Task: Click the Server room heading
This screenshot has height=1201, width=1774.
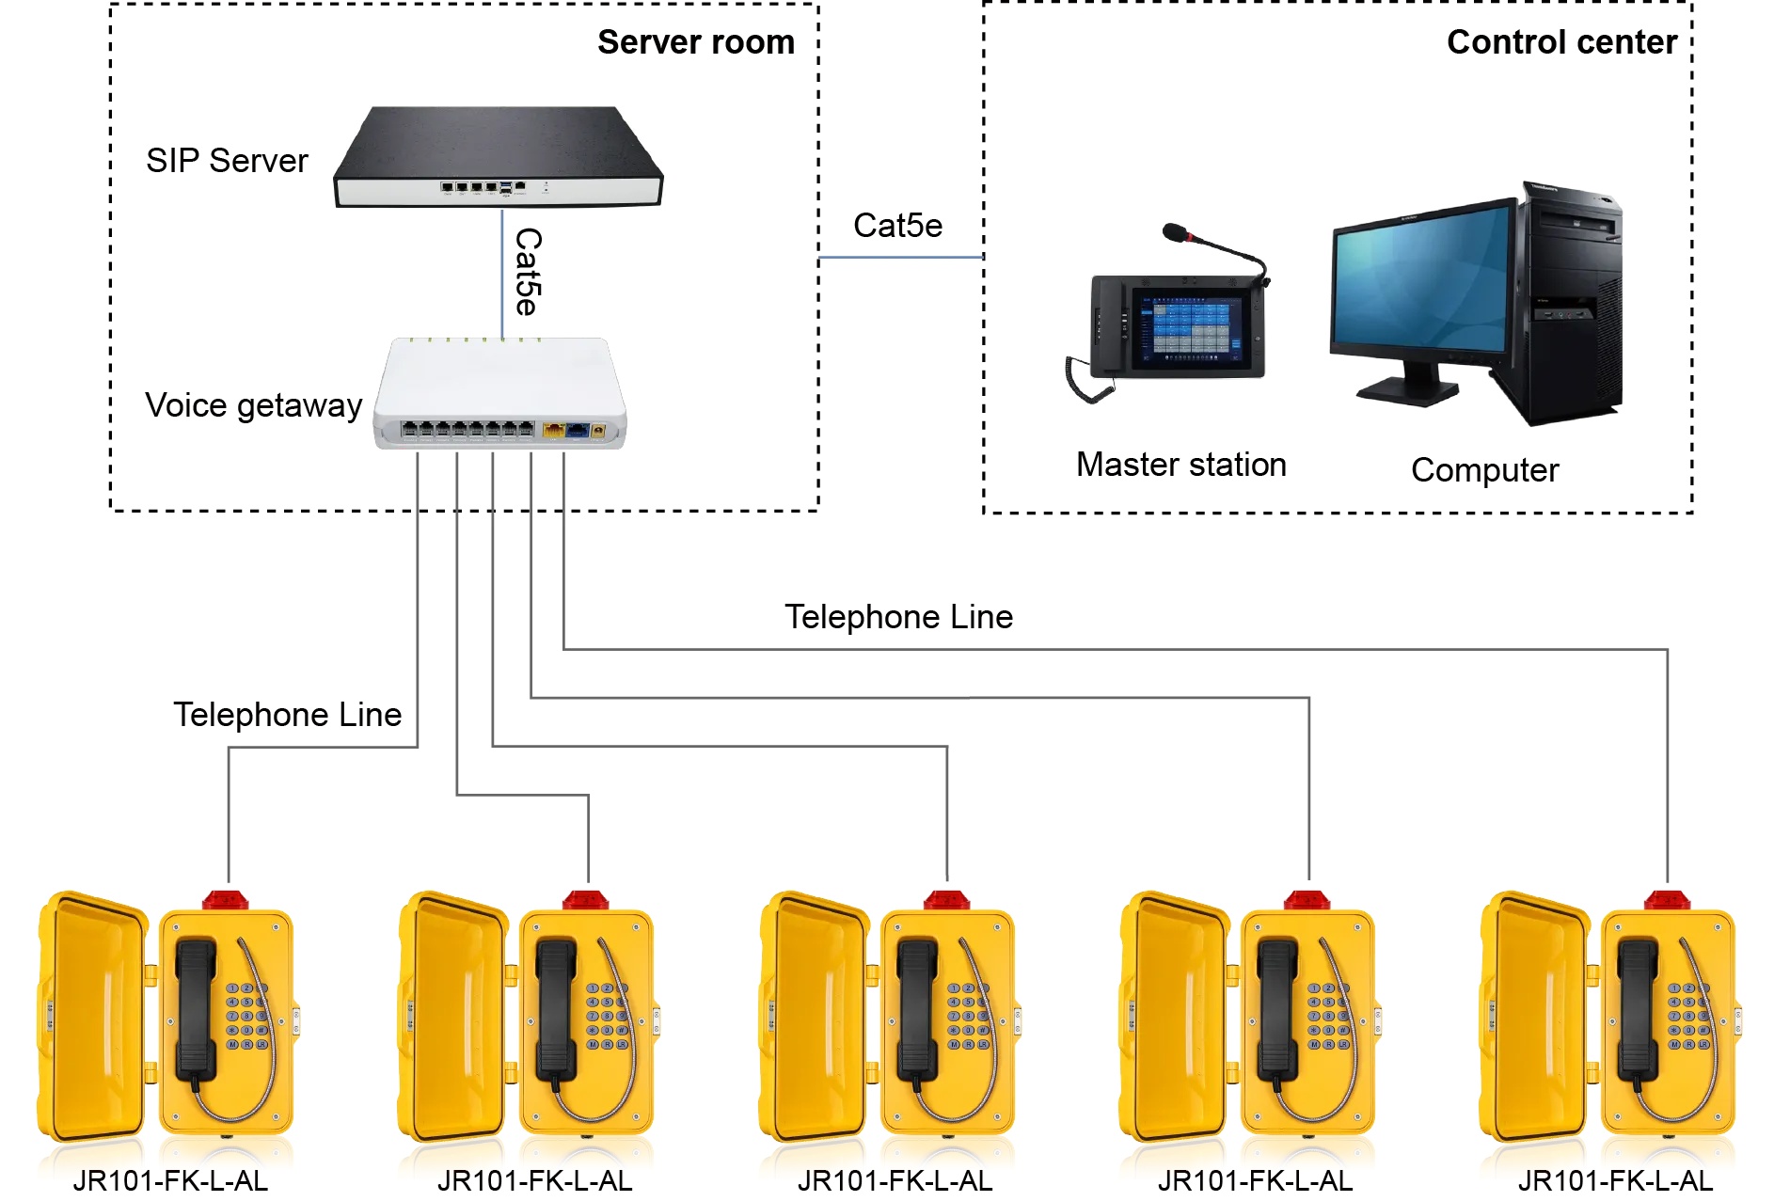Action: point(695,42)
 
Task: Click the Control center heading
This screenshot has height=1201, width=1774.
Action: point(1560,42)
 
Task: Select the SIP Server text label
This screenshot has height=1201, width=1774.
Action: point(227,161)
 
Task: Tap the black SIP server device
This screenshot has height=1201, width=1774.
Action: point(498,155)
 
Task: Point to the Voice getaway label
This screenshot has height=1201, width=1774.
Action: point(253,405)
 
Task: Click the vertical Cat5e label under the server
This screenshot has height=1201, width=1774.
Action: point(528,272)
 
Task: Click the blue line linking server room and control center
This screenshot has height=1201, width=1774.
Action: point(900,257)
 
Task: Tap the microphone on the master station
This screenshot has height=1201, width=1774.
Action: point(1176,231)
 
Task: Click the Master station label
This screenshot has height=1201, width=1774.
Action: point(1180,465)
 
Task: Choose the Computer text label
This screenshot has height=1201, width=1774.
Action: point(1483,470)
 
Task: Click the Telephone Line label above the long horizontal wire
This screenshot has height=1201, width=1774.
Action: point(898,617)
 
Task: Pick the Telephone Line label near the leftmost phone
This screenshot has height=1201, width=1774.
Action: point(287,715)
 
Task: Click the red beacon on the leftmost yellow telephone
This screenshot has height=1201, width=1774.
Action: point(226,900)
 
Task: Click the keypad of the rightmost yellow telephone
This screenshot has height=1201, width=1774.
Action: point(1688,1016)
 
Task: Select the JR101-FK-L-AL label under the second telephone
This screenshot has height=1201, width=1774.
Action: point(534,1181)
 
